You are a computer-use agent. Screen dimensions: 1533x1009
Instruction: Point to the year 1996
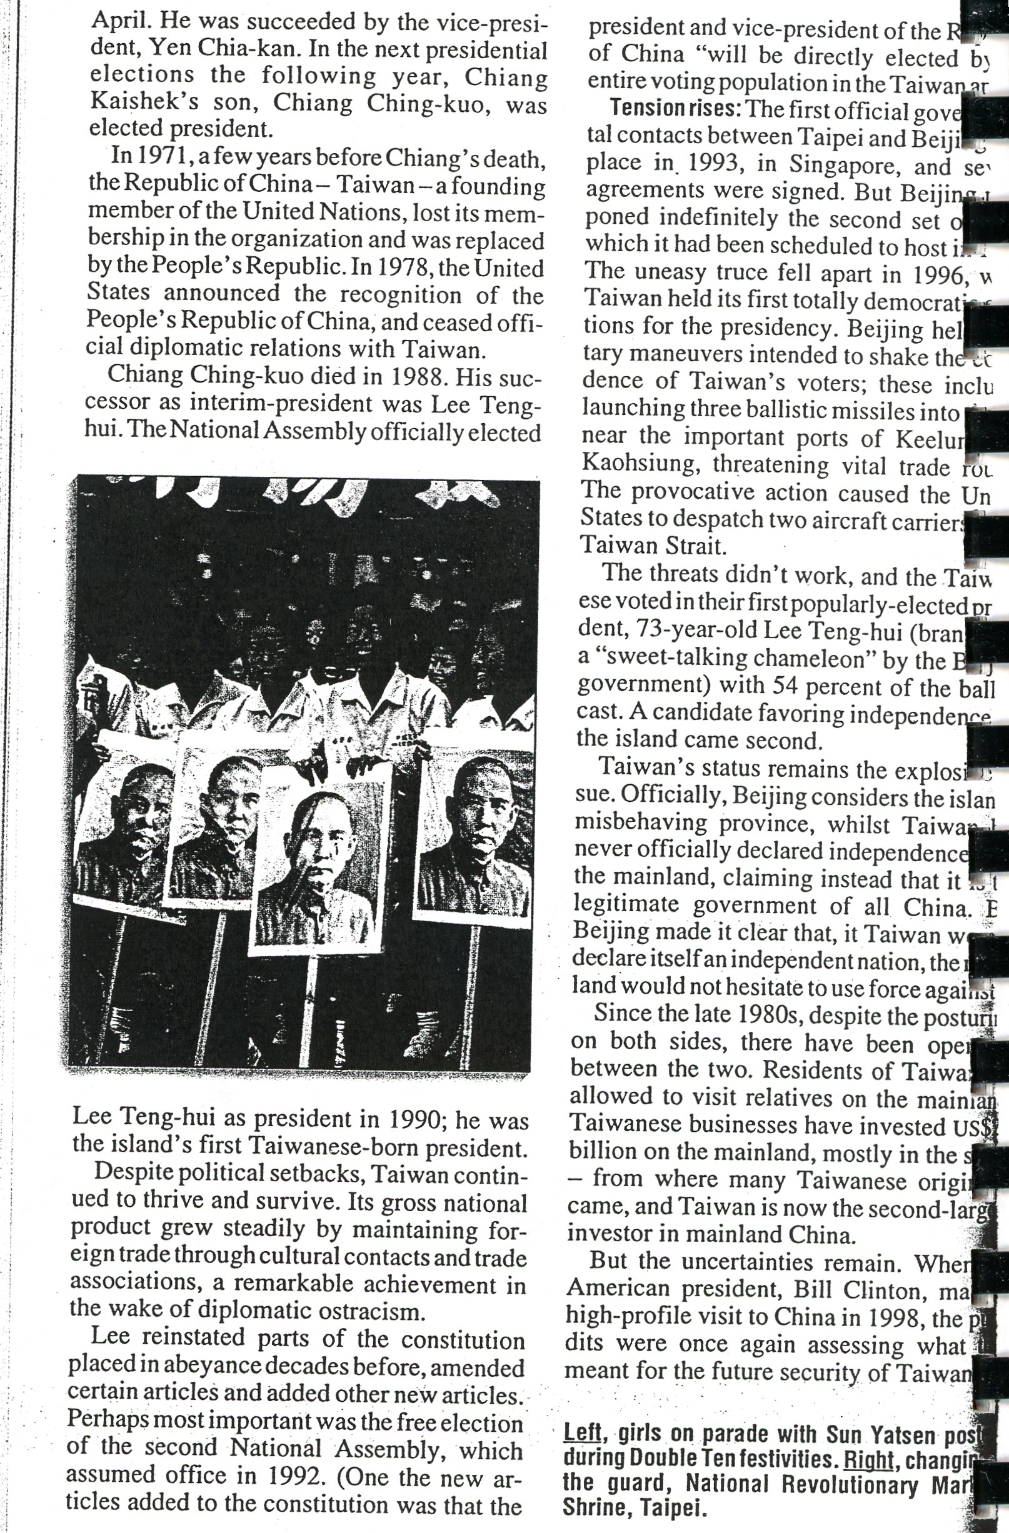point(941,275)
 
